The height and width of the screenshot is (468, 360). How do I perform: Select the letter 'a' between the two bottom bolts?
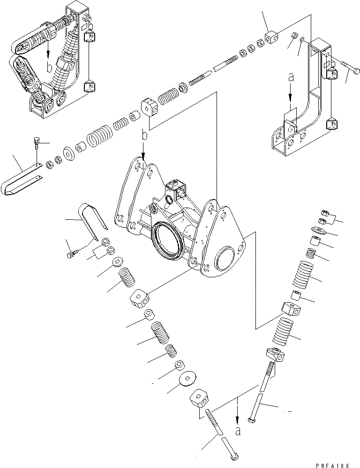click(239, 431)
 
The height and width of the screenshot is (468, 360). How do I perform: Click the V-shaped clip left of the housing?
click(94, 217)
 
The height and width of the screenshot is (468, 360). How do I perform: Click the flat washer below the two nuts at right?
click(320, 230)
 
